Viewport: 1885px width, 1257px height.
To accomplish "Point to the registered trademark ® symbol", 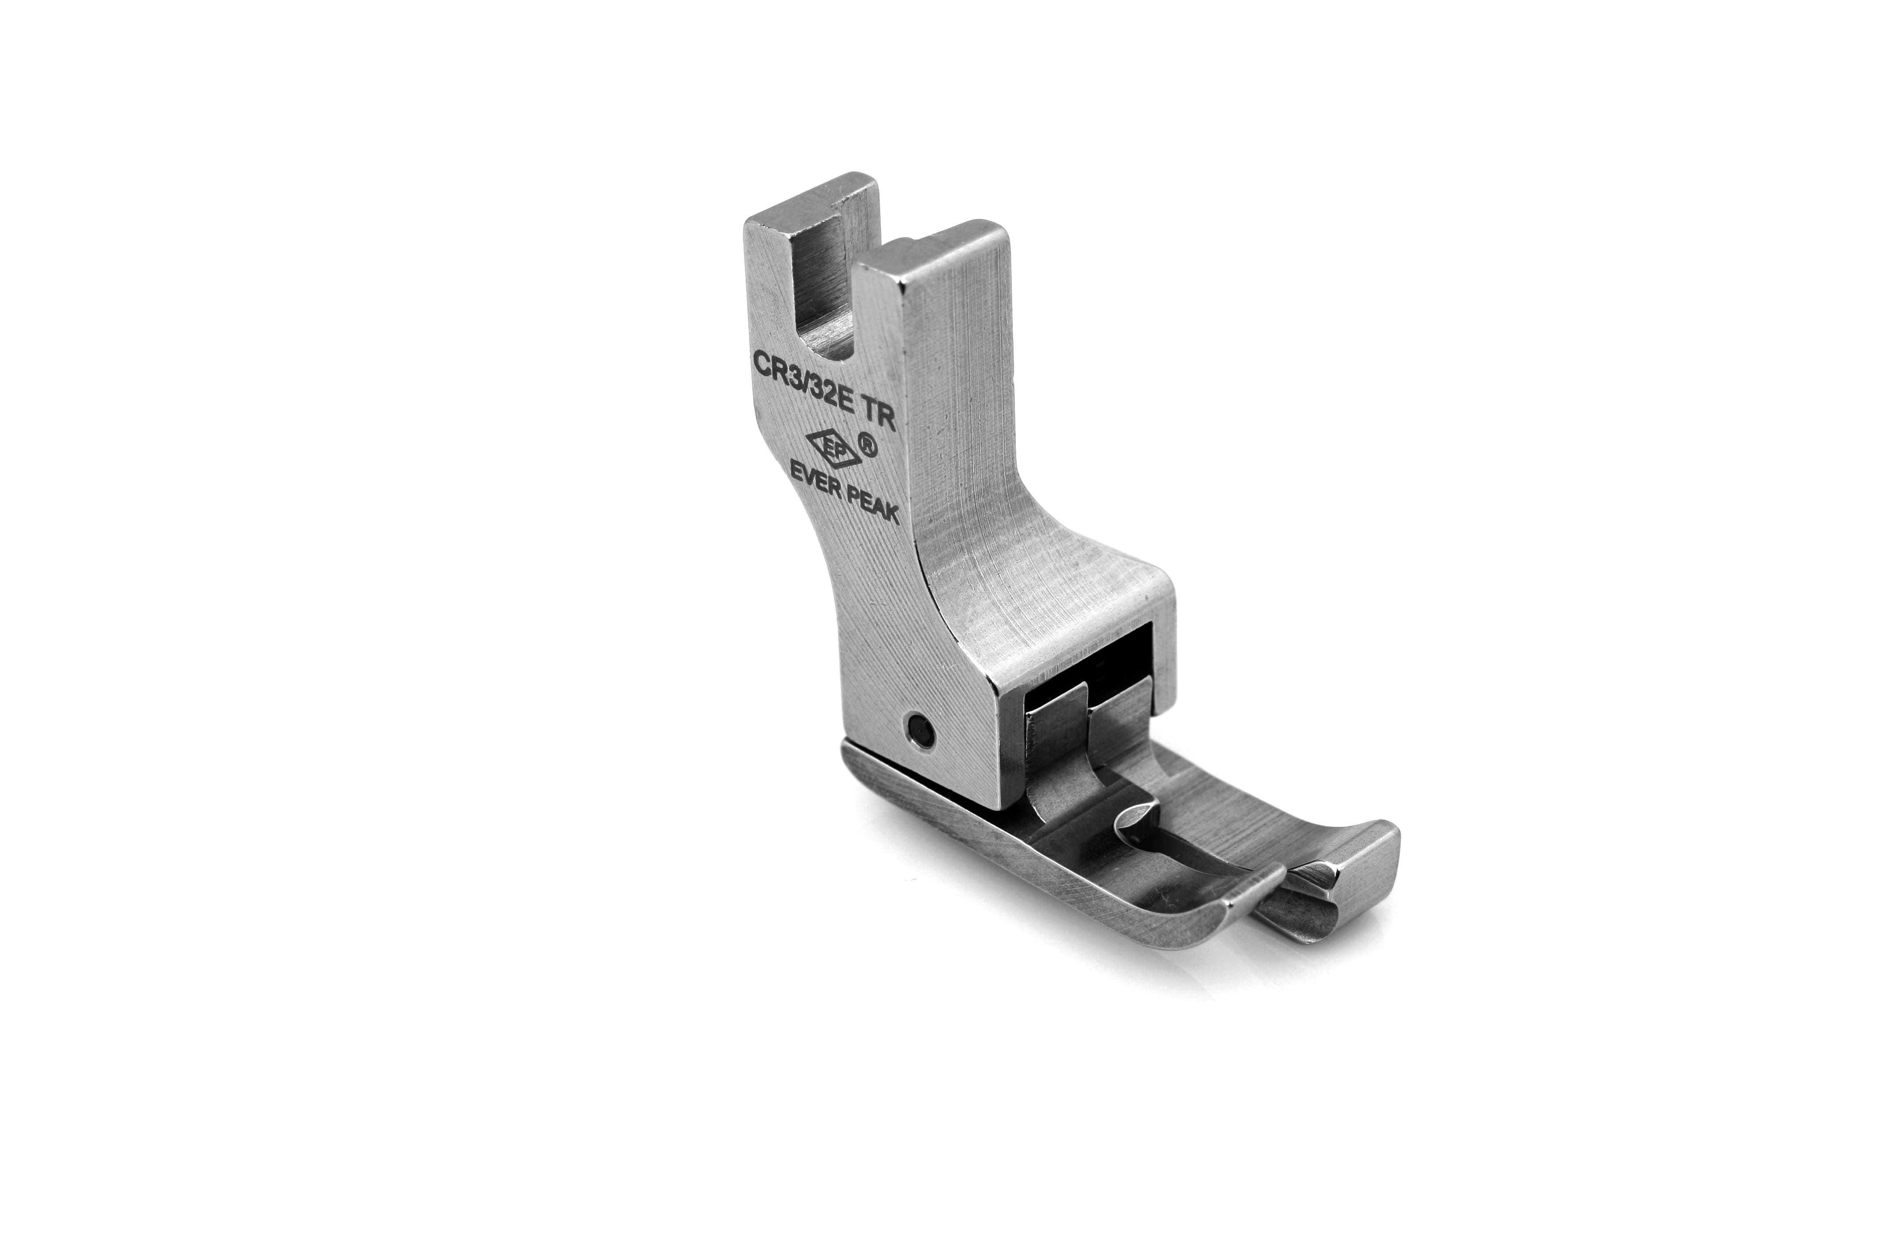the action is click(x=866, y=443).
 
